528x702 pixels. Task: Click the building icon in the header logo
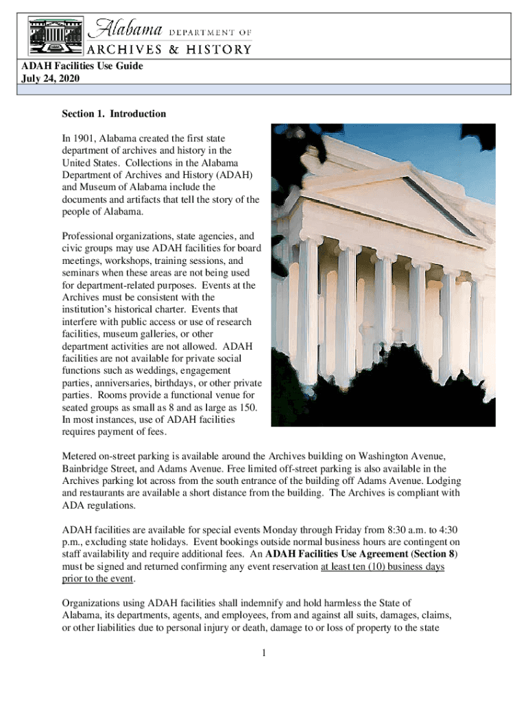pos(55,35)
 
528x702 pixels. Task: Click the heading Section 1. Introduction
pos(114,114)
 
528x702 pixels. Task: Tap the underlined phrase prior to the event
pos(98,579)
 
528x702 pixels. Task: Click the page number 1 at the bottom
pos(264,652)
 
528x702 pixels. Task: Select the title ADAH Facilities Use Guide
pos(83,66)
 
